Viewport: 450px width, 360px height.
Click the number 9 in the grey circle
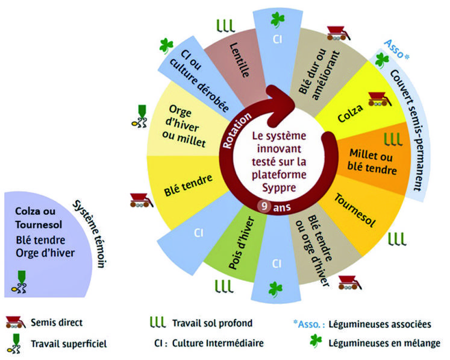263,206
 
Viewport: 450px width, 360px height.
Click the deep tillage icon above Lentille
225,25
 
